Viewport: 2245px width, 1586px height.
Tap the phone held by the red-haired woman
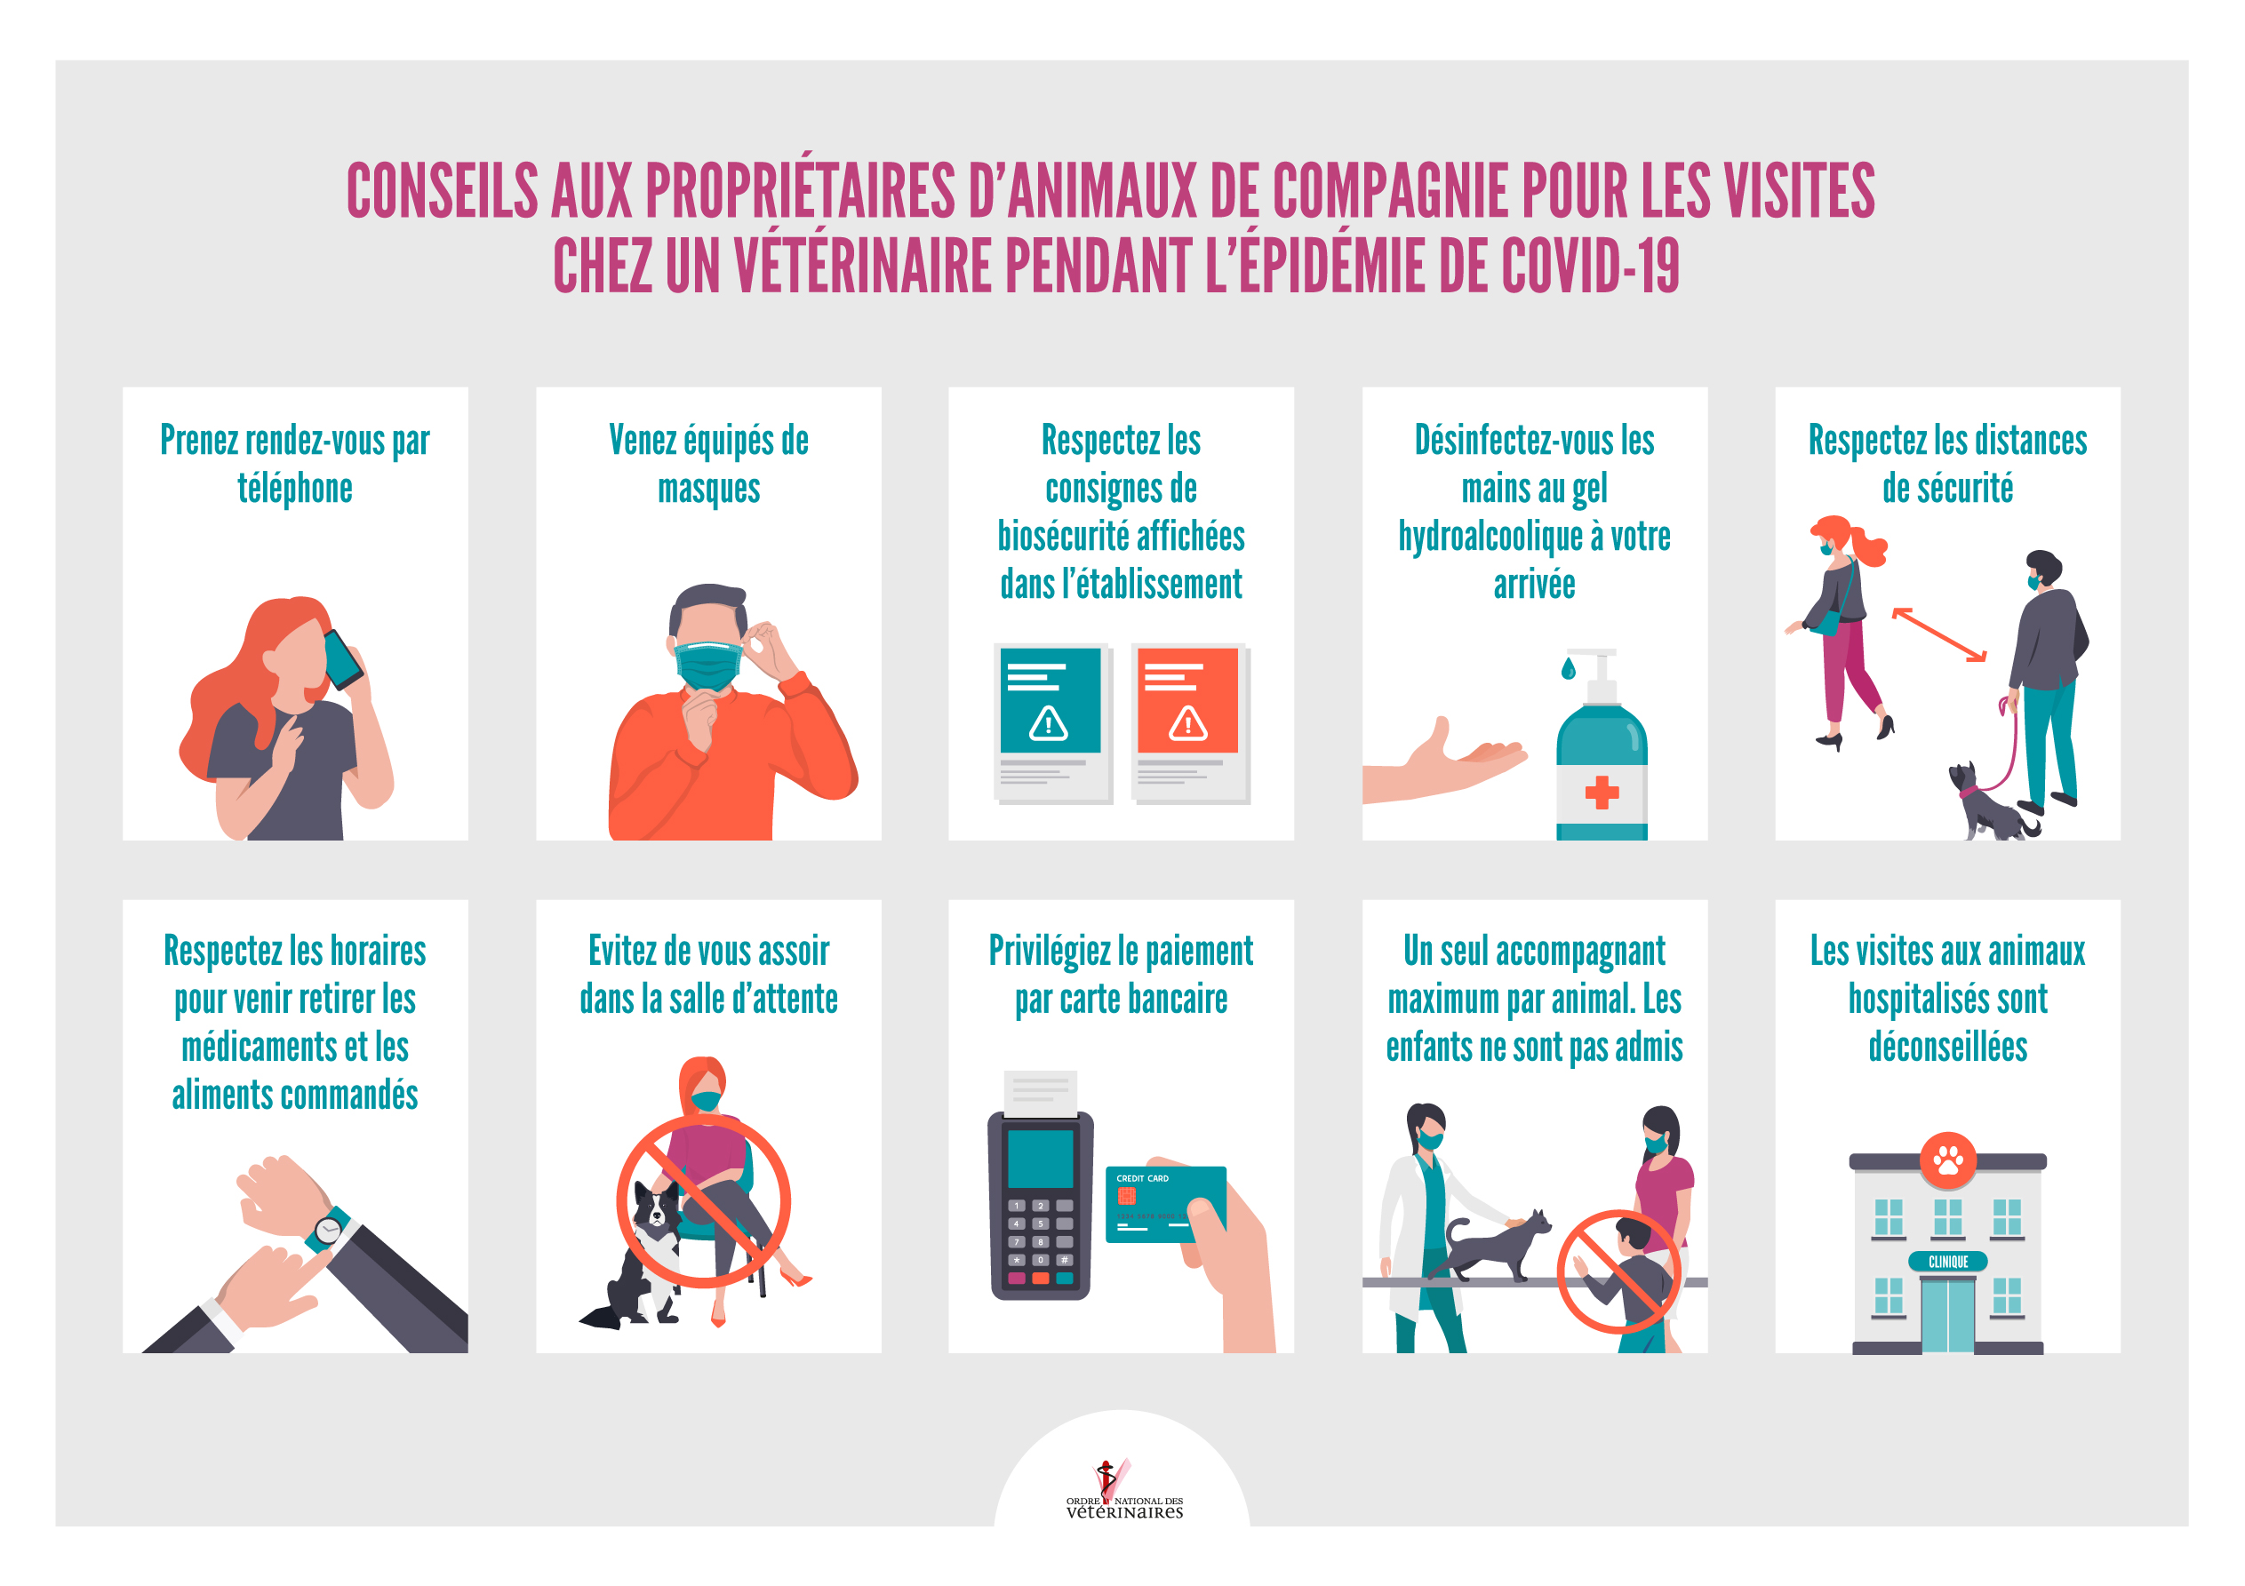[343, 659]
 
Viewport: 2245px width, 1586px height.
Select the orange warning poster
[1188, 700]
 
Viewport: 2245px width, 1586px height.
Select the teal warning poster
[1051, 700]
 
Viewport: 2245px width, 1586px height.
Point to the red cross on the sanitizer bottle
[1602, 791]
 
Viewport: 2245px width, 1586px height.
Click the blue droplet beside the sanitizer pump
[1569, 668]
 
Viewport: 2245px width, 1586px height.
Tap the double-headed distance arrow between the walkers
[1939, 634]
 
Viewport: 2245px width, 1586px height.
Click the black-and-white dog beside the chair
[636, 1256]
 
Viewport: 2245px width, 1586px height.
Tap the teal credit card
[1164, 1204]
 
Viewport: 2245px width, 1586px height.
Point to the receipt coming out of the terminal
[1041, 1093]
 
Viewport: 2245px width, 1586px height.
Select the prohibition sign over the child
[1619, 1272]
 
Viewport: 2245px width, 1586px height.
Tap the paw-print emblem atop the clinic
[1948, 1160]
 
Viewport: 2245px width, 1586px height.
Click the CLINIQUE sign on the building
[1948, 1262]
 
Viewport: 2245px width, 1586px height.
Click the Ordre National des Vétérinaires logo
[1123, 1489]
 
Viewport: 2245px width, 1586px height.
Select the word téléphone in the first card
[295, 488]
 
